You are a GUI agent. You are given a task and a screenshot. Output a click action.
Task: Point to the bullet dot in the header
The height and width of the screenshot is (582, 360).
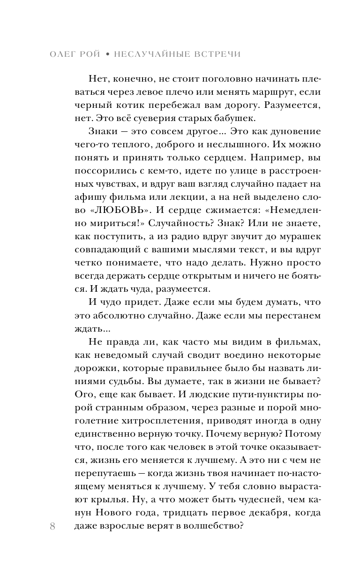coord(107,54)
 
